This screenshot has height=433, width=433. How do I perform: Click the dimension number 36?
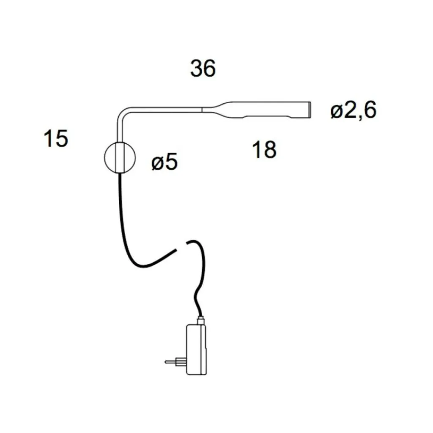[x=203, y=68]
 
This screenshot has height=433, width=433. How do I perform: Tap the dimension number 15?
[x=56, y=138]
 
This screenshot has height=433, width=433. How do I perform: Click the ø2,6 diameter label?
[x=354, y=110]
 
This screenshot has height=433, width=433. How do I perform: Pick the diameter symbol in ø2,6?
[x=337, y=112]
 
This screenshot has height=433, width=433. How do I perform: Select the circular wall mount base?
[x=120, y=157]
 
